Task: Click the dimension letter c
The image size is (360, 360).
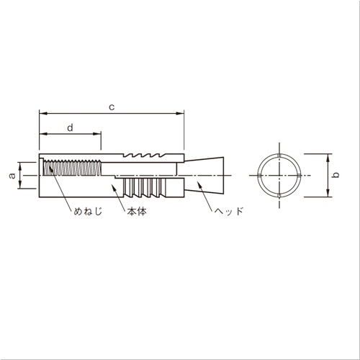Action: click(112, 107)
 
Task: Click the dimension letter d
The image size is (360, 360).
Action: click(70, 127)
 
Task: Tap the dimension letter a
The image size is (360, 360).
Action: click(12, 176)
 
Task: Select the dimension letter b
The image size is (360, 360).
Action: click(336, 175)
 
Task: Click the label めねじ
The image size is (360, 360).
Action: click(88, 211)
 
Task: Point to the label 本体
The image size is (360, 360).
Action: click(137, 212)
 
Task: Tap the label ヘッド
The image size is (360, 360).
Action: click(229, 211)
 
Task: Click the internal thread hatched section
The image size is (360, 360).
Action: click(72, 168)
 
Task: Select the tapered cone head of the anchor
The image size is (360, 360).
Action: click(204, 176)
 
